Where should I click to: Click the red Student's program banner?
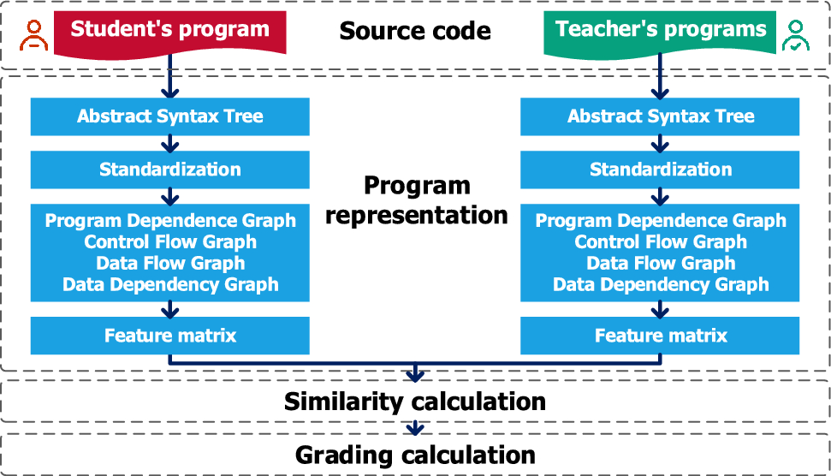click(170, 32)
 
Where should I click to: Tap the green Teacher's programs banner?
click(660, 32)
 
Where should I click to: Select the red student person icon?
click(34, 35)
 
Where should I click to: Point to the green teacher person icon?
click(796, 35)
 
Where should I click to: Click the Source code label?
click(415, 31)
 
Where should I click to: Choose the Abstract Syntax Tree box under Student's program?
click(170, 116)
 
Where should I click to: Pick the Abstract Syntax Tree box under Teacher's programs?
click(660, 116)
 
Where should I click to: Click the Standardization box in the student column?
click(170, 170)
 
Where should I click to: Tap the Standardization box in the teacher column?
click(660, 170)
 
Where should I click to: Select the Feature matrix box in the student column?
click(170, 336)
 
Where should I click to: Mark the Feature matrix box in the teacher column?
click(660, 336)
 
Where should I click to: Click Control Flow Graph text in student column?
click(170, 242)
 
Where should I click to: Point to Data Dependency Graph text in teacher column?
click(661, 284)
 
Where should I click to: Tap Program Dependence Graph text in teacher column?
click(661, 221)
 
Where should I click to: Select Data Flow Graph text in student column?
click(170, 264)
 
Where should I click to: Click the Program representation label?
click(417, 200)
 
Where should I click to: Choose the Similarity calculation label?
click(415, 402)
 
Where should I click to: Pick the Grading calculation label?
click(415, 455)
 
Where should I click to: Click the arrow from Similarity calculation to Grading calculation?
click(415, 428)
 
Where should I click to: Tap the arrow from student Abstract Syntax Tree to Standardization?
click(170, 144)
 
